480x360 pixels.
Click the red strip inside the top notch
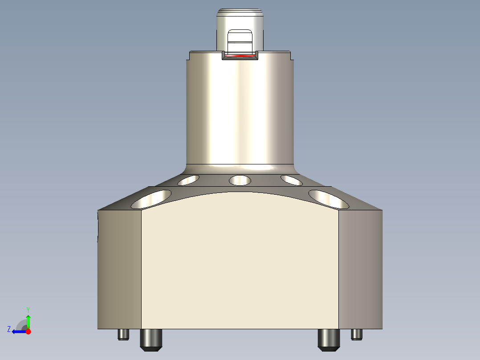pos(240,56)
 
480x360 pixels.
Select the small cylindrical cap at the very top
pos(240,20)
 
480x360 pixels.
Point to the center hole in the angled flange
pos(240,180)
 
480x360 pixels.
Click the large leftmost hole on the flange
pos(151,199)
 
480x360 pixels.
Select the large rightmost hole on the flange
pos(329,199)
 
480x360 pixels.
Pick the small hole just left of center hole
pos(188,180)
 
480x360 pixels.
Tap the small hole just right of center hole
pos(292,180)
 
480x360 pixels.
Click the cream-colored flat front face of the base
pos(240,263)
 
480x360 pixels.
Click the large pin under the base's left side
pos(151,339)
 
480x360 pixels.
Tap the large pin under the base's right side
pos(329,339)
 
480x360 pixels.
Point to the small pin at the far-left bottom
pos(123,334)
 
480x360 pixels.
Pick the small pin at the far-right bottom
pos(357,334)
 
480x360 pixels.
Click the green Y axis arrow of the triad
pos(28,320)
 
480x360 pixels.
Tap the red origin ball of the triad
pos(28,331)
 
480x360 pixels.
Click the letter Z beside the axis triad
pos(9,329)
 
